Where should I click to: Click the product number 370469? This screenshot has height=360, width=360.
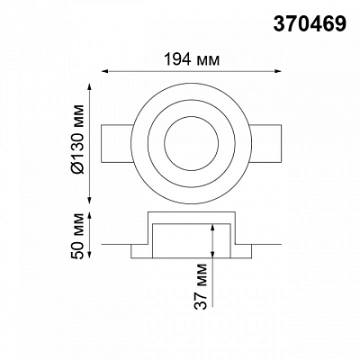pos(310,23)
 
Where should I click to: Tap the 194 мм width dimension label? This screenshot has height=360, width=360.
pos(192,59)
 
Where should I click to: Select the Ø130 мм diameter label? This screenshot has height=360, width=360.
pos(78,139)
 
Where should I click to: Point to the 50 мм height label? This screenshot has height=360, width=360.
pos(78,236)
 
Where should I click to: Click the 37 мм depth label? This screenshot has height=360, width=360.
pos(201,286)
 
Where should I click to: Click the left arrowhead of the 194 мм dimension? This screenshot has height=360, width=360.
pos(105,71)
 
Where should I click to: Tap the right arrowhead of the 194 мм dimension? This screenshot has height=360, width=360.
pos(278,71)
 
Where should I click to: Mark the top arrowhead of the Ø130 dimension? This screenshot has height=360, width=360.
pos(89,87)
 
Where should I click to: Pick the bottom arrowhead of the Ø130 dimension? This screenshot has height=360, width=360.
pos(89,200)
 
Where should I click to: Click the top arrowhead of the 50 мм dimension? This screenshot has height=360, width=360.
pos(89,216)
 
